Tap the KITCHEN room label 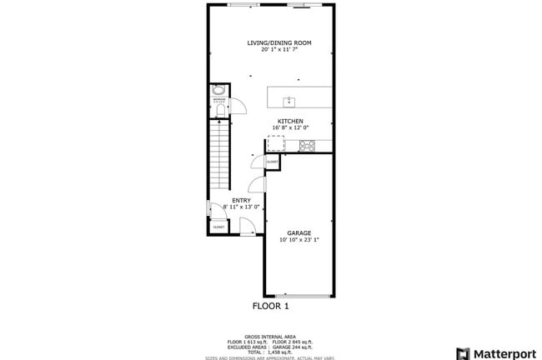(290, 121)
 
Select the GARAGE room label (299, 232)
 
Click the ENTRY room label (241, 200)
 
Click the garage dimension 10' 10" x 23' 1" (299, 240)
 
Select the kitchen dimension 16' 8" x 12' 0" (290, 127)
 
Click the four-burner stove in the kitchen (307, 145)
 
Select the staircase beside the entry (219, 154)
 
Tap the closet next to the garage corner (273, 161)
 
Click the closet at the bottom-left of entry (218, 227)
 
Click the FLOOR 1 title (271, 306)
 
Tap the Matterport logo (495, 352)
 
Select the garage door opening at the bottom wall (299, 296)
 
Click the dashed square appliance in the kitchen (275, 145)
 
